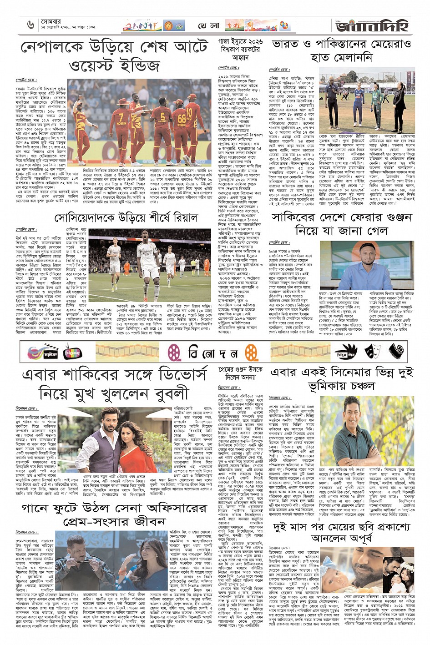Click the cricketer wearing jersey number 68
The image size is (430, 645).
[x=182, y=123]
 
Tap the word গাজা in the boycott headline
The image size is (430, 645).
[x=227, y=44]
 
